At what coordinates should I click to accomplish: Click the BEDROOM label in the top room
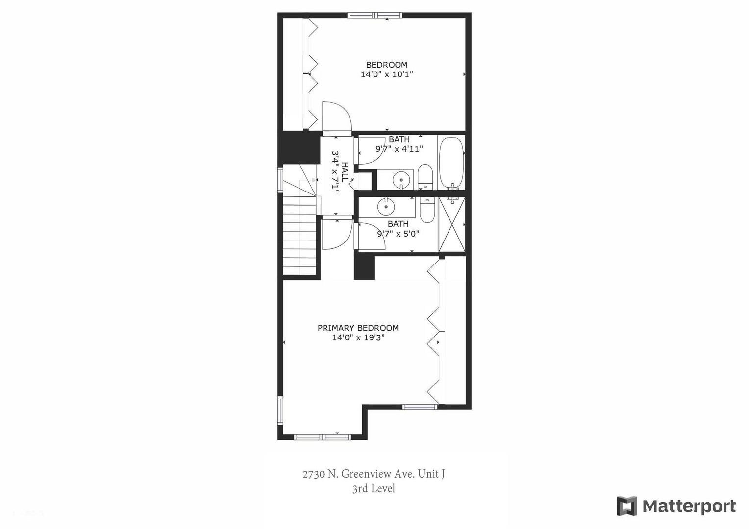coord(386,65)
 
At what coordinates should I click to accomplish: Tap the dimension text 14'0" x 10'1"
coord(387,74)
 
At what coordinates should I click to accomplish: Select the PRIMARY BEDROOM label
coord(358,328)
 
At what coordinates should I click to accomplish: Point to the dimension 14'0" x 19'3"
coord(358,337)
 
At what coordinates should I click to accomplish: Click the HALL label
coord(345,172)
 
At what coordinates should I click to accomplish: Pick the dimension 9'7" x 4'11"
coord(399,149)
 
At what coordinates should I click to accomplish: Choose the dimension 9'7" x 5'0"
coord(398,234)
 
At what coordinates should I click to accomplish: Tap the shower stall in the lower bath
coord(452,225)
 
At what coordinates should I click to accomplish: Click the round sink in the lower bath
coord(386,206)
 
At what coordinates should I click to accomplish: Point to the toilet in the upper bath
coord(425,177)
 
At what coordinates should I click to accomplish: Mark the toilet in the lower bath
coord(427,210)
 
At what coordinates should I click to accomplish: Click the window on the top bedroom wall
coord(375,15)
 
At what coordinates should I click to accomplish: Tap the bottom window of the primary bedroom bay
coord(322,436)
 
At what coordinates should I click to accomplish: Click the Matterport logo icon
coord(626,506)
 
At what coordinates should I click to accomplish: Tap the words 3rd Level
coord(374,488)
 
